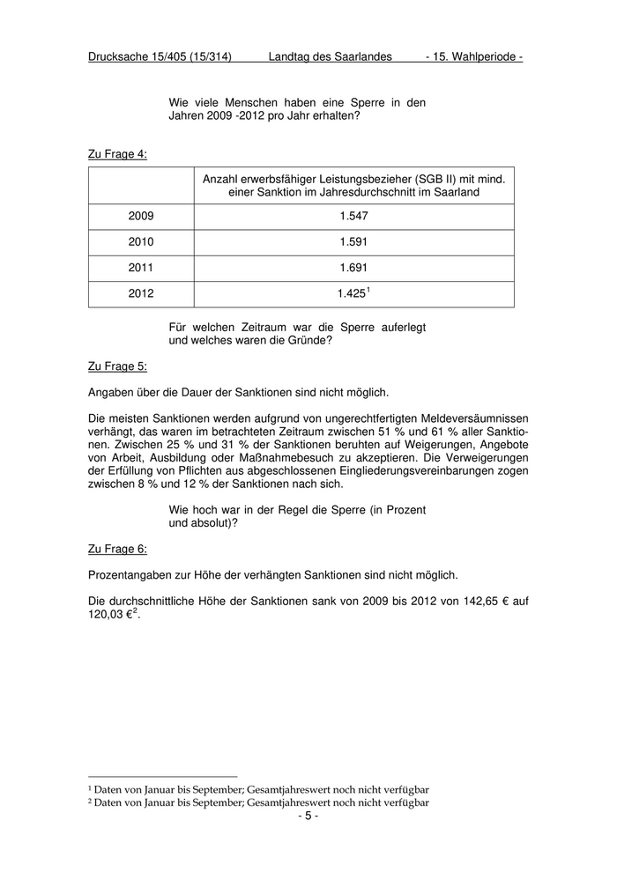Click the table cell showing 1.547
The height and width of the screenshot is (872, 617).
(353, 216)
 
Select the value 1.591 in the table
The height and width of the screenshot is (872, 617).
(353, 242)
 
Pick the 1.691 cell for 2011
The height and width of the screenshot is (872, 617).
(353, 268)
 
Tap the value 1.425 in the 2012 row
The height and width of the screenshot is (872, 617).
(352, 294)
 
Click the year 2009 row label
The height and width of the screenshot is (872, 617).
(141, 216)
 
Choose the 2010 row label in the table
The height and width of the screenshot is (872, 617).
(141, 242)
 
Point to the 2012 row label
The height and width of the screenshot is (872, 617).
(141, 294)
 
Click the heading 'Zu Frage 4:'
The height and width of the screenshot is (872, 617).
(117, 154)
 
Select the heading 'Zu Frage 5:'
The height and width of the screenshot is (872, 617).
(117, 366)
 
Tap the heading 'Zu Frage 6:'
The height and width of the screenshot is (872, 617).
(117, 549)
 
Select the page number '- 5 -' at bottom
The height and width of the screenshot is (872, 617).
(308, 817)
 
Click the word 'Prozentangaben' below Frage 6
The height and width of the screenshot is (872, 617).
(130, 575)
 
